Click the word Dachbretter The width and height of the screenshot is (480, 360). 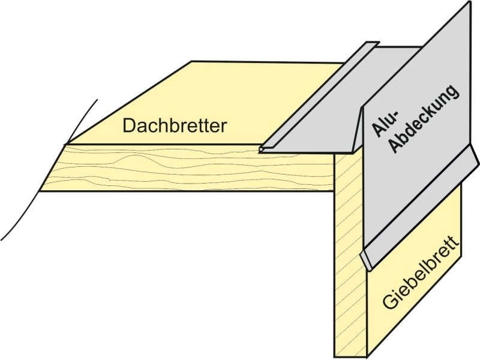tap(175, 125)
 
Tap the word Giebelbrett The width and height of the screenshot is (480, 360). tap(421, 272)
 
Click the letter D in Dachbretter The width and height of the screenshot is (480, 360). tap(128, 125)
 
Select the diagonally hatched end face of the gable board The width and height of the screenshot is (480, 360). tap(350, 254)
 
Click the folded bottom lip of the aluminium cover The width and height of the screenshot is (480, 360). tap(419, 208)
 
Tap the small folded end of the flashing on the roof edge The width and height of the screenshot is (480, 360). tap(261, 149)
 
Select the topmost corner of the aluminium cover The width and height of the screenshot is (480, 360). tap(470, 2)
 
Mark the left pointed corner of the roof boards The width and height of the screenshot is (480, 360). tap(65, 144)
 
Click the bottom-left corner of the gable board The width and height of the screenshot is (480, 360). tap(334, 357)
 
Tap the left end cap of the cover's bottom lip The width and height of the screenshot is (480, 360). tap(365, 261)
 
